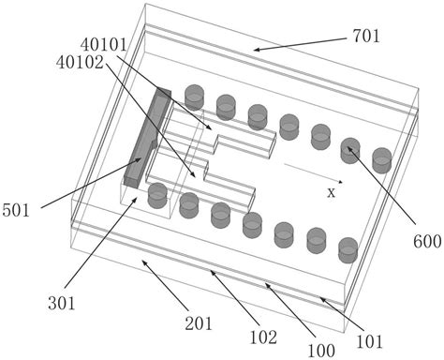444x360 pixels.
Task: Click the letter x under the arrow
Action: (x=331, y=192)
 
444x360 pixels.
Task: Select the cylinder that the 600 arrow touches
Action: (x=350, y=149)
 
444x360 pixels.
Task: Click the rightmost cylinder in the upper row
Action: (x=381, y=159)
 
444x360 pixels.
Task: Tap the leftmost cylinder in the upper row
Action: (x=194, y=96)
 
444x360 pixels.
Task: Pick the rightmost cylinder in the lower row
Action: (x=348, y=249)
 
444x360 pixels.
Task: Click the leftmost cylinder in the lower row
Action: (x=157, y=195)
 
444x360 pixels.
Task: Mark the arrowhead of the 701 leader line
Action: (x=254, y=49)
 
